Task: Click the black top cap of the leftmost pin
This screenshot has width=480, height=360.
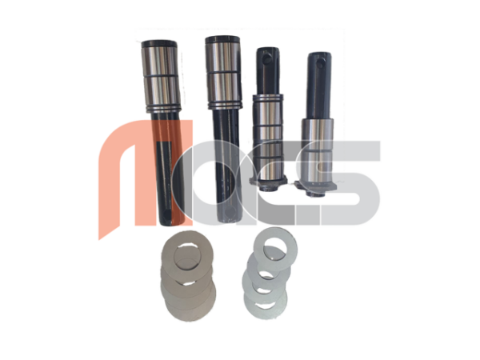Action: (x=159, y=44)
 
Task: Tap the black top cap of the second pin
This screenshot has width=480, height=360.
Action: (x=222, y=39)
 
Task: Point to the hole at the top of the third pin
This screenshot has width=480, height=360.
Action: (x=267, y=57)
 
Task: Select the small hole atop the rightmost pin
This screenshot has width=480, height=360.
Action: (x=321, y=64)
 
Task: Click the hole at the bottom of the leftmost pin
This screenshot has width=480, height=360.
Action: (x=167, y=216)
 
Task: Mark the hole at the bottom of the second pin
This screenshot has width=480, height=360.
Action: (x=230, y=212)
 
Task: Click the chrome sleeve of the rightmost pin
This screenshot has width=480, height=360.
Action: (x=317, y=150)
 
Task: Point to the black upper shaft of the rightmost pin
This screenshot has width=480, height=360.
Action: (x=320, y=86)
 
